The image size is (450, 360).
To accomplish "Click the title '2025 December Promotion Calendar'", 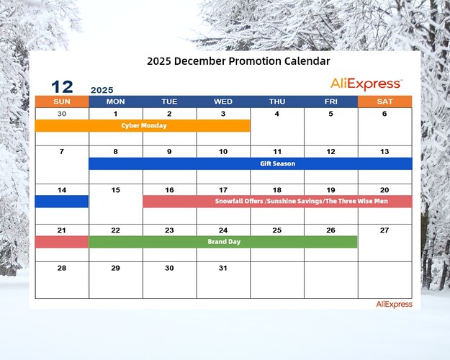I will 238,61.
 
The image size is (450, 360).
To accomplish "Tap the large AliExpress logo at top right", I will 366,84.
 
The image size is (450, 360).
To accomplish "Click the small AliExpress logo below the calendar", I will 394,304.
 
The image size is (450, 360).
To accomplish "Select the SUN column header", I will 62,102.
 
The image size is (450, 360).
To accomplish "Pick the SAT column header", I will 384,102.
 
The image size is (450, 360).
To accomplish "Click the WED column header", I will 223,102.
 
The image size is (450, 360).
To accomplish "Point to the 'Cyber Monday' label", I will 144,125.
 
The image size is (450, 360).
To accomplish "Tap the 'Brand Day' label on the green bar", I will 223,242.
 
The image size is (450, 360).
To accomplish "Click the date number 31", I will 223,268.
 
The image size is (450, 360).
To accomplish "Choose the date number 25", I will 277,230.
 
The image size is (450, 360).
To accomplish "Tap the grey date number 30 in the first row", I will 62,114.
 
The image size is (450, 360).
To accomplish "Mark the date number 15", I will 115,191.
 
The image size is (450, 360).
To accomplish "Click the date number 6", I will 384,114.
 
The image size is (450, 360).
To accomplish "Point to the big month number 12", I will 62,87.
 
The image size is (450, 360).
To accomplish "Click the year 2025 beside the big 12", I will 102,90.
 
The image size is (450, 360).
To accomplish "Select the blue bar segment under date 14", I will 62,202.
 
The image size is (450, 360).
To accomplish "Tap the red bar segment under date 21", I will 62,242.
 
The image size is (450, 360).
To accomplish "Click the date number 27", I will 384,230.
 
